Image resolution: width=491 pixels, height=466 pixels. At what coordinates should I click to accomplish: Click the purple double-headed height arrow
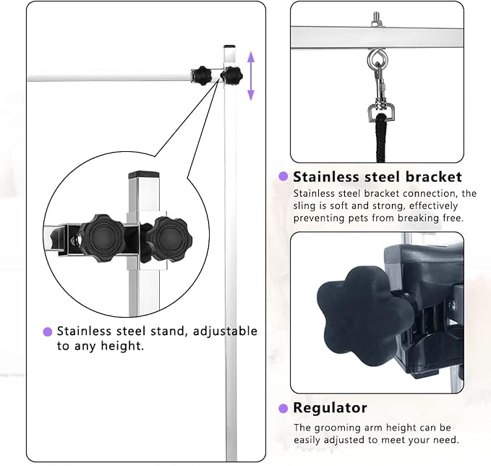[x=251, y=76]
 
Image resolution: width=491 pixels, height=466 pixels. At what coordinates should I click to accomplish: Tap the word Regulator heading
[x=330, y=407]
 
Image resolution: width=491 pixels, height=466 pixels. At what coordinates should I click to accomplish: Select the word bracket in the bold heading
[x=434, y=177]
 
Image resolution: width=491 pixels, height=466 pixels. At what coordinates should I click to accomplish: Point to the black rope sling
[x=381, y=138]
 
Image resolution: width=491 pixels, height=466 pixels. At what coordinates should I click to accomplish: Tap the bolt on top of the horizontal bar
[x=376, y=20]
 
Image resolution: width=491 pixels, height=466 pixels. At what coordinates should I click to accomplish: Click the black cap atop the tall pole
[x=229, y=46]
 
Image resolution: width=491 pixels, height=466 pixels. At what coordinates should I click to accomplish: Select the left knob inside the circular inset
[x=102, y=238]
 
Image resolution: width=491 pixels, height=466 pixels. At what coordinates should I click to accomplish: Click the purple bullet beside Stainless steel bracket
[x=283, y=176]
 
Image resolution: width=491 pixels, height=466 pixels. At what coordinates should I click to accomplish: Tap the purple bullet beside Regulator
[x=283, y=408]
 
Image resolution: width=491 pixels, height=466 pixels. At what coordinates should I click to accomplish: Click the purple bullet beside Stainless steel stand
[x=48, y=331]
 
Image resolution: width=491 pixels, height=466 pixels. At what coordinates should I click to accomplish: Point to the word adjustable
[x=225, y=331]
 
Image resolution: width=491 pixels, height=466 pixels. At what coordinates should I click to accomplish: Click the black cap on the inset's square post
[x=144, y=174]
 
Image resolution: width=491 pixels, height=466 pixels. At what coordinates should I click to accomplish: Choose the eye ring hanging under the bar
[x=377, y=58]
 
